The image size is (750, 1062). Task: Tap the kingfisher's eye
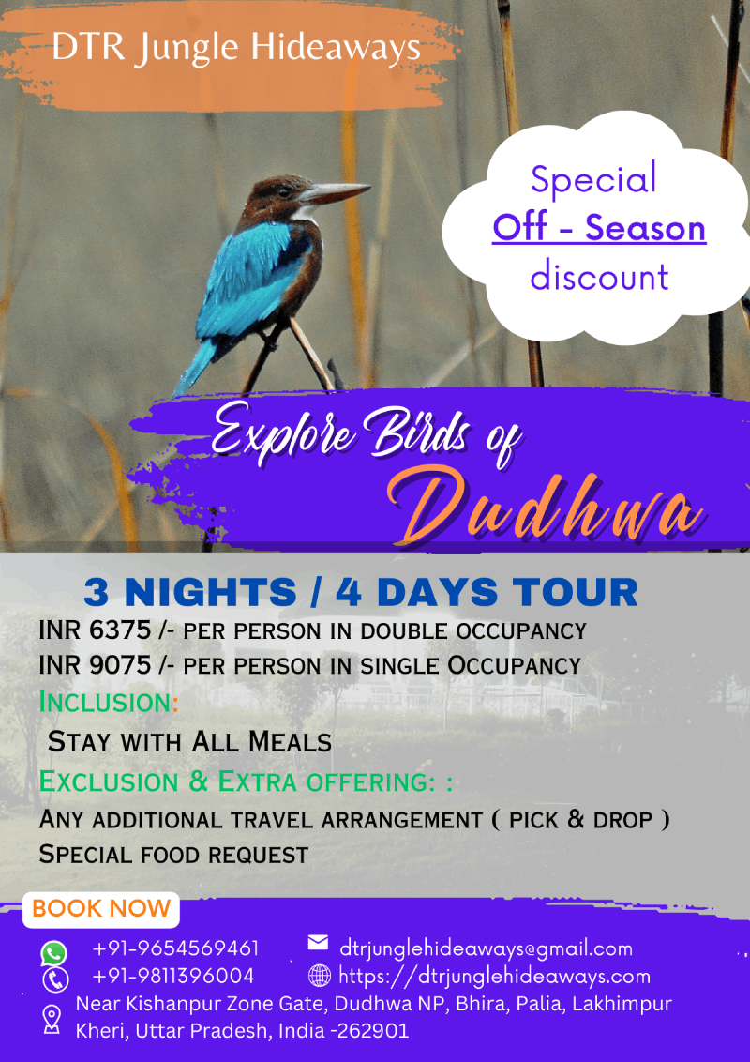point(284,191)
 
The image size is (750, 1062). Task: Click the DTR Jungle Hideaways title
point(236,48)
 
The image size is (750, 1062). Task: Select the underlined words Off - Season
point(599,228)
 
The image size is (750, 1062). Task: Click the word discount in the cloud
point(599,277)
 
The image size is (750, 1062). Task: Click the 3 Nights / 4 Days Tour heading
point(361,593)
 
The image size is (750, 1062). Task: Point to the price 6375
point(121,630)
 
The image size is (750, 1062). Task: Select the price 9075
point(121,665)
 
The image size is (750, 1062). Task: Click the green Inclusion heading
point(109,703)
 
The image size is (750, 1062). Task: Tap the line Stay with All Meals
point(189,742)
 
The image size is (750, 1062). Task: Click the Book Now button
point(101,909)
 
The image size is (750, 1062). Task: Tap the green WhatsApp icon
point(54,953)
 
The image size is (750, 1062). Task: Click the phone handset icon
point(54,980)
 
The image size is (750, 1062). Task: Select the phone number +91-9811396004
point(173,976)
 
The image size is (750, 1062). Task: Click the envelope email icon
point(318,942)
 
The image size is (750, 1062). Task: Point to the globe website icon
point(320,976)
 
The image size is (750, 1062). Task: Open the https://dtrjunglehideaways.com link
point(494,977)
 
